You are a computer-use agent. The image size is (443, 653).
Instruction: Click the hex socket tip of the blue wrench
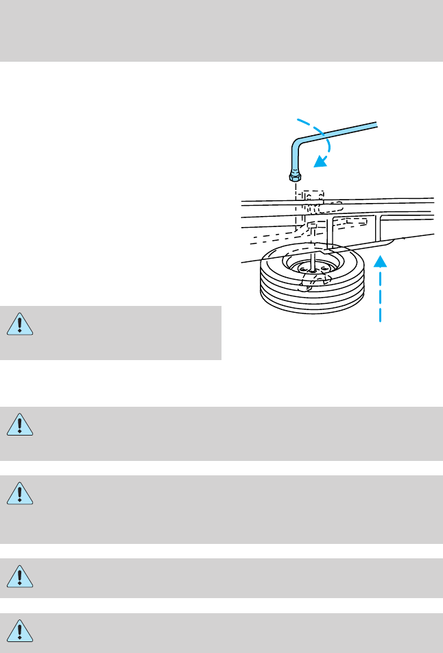[294, 177]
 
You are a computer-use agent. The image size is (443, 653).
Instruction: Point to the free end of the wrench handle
[376, 123]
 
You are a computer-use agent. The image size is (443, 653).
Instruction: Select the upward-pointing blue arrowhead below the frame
[380, 261]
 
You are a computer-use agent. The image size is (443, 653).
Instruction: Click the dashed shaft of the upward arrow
[380, 295]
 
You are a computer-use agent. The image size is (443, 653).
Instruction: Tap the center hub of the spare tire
[312, 271]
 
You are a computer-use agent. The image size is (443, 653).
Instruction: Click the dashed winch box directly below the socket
[312, 198]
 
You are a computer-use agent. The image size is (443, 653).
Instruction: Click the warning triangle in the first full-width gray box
[21, 425]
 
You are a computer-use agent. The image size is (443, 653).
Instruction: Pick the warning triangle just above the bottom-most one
[21, 578]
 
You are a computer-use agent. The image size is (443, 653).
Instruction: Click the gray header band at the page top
[221, 31]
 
